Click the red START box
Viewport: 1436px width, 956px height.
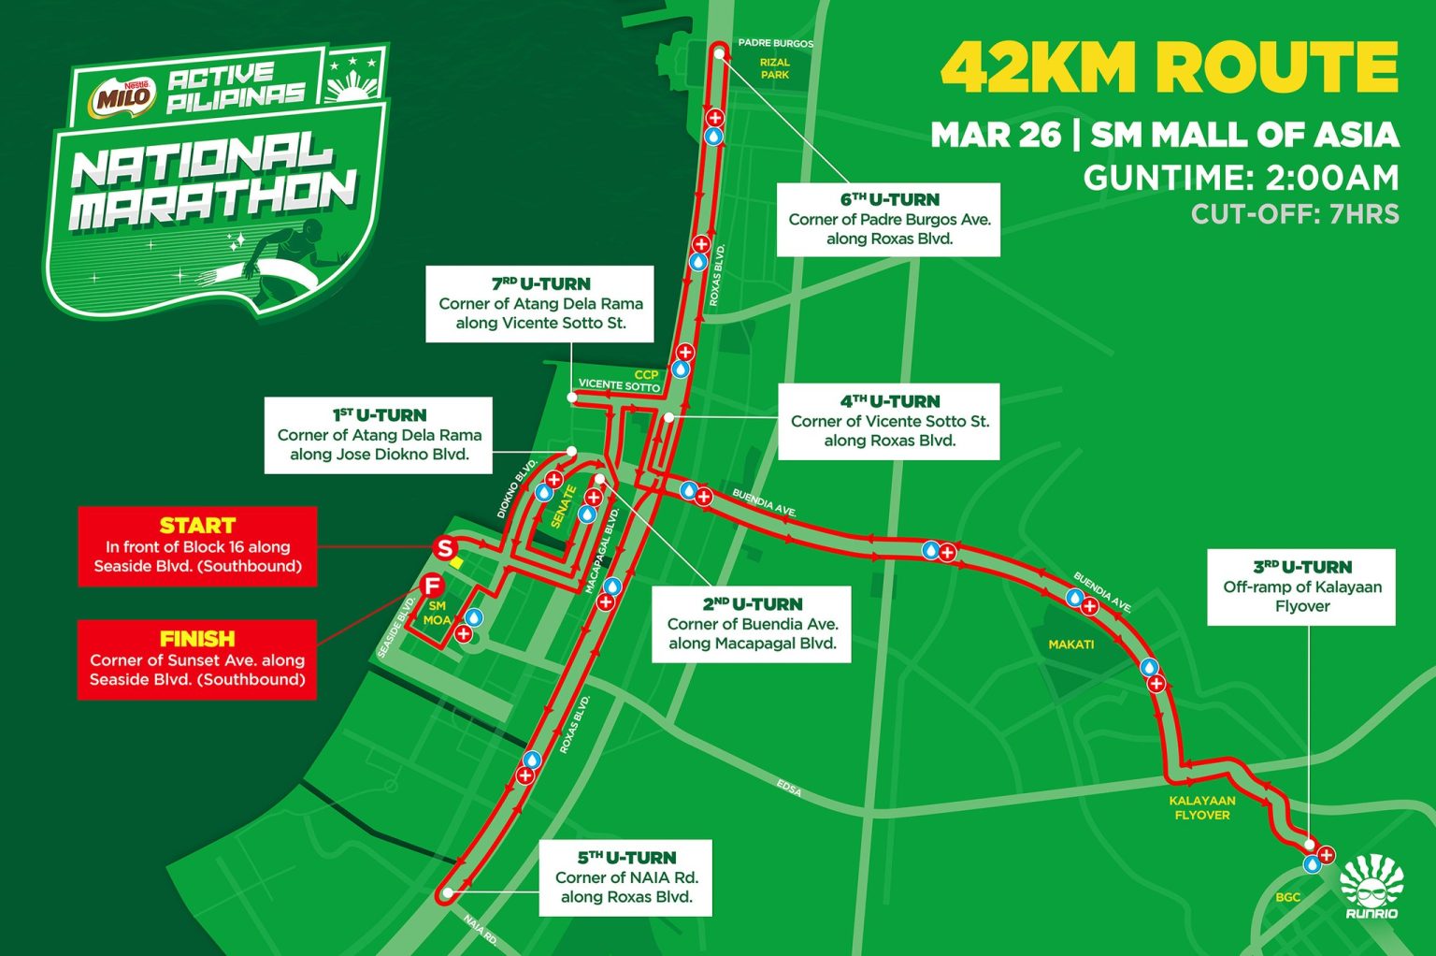[x=197, y=546]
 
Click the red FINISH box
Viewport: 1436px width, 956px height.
[x=197, y=659]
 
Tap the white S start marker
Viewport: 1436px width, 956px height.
[x=445, y=548]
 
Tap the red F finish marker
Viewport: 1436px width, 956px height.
[x=432, y=587]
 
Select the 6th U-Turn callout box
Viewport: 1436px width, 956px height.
[x=889, y=219]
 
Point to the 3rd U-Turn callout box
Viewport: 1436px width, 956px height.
[x=1301, y=587]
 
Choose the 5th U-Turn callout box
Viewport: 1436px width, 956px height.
[x=625, y=877]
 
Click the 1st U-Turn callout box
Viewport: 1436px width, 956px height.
[x=379, y=435]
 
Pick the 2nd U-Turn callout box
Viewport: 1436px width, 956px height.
[x=752, y=624]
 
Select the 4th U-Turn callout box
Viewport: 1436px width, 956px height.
[x=889, y=421]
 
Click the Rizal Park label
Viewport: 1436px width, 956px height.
[x=774, y=68]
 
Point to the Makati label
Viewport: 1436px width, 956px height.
[x=1070, y=645]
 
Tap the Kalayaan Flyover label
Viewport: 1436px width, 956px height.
[x=1201, y=808]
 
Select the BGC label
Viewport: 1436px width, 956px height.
[x=1287, y=897]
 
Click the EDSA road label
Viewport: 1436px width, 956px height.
[x=788, y=789]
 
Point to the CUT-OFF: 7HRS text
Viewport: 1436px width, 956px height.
[x=1294, y=214]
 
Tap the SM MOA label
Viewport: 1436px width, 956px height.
[x=437, y=614]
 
